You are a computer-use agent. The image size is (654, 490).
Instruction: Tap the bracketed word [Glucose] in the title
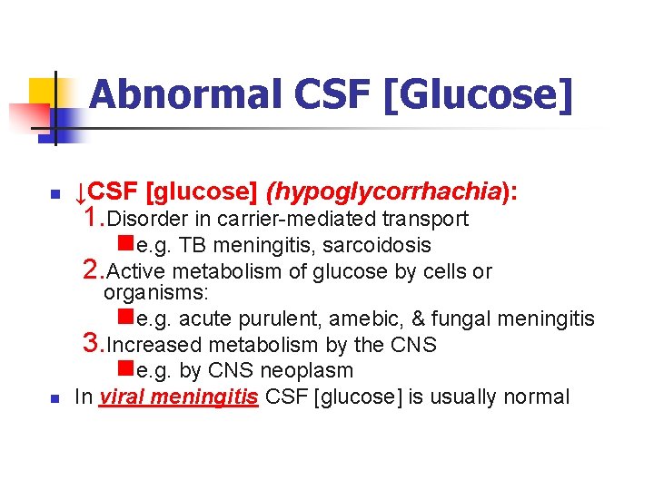point(479,93)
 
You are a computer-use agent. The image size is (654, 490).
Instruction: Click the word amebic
point(360,318)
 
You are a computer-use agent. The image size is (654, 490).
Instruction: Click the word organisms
point(155,292)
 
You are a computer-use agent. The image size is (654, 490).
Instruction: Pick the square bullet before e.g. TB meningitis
point(126,244)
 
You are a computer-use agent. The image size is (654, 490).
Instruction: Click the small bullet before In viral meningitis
point(54,398)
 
